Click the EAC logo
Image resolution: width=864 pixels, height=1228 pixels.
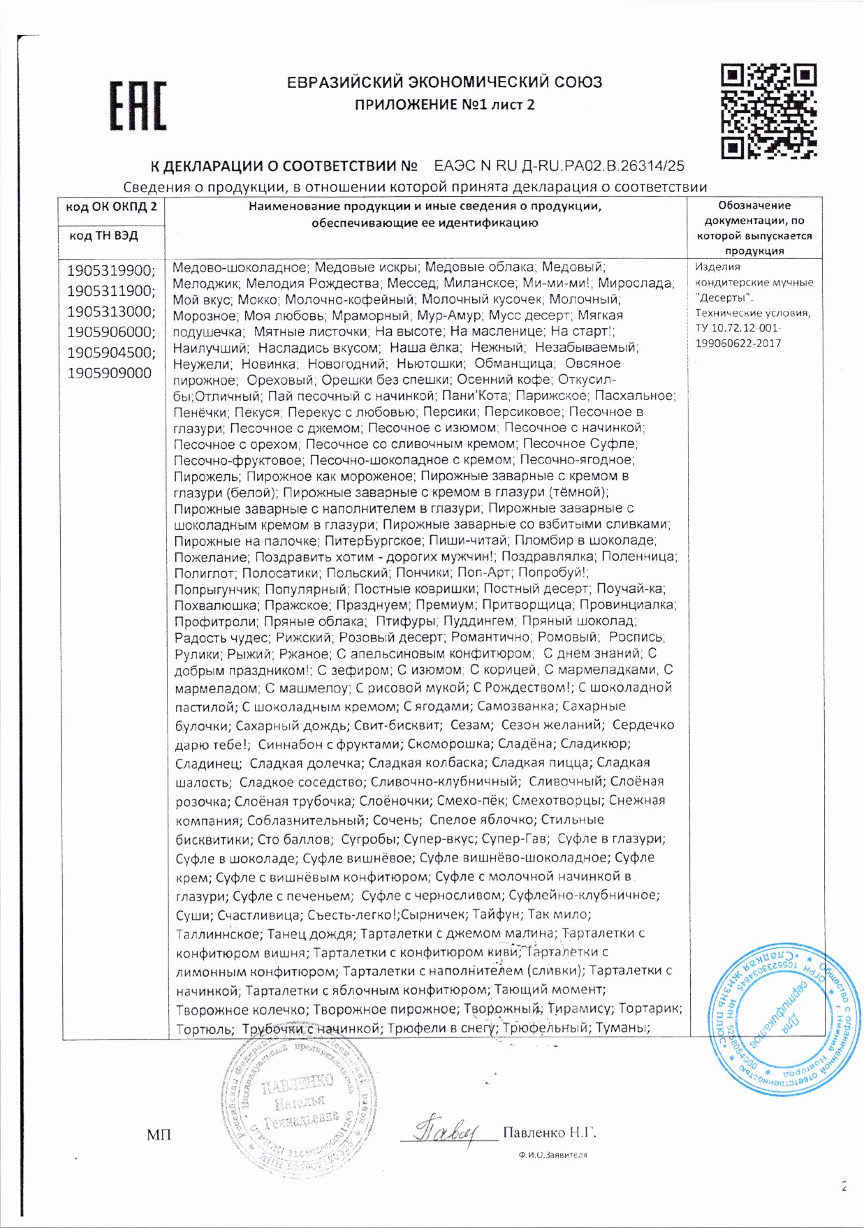[x=138, y=106]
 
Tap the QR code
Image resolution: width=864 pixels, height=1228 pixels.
[x=768, y=110]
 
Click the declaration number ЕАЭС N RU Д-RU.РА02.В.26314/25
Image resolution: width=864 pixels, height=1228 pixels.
[x=559, y=166]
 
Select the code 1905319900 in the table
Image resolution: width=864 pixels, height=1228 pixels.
[x=111, y=270]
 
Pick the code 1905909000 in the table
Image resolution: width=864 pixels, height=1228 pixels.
[x=109, y=373]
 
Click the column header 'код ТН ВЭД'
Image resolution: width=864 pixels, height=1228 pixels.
[x=103, y=235]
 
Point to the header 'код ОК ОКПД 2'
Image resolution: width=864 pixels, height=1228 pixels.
[x=111, y=207]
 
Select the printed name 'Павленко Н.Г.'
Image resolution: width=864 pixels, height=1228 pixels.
[x=549, y=1132]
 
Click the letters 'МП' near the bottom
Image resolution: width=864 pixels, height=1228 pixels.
[x=159, y=1135]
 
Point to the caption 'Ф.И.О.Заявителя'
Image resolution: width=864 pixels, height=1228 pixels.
[x=552, y=1154]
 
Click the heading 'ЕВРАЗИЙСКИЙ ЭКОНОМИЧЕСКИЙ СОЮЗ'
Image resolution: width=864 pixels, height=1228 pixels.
[x=444, y=82]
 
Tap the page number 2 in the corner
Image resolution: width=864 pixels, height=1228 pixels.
[x=844, y=1186]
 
